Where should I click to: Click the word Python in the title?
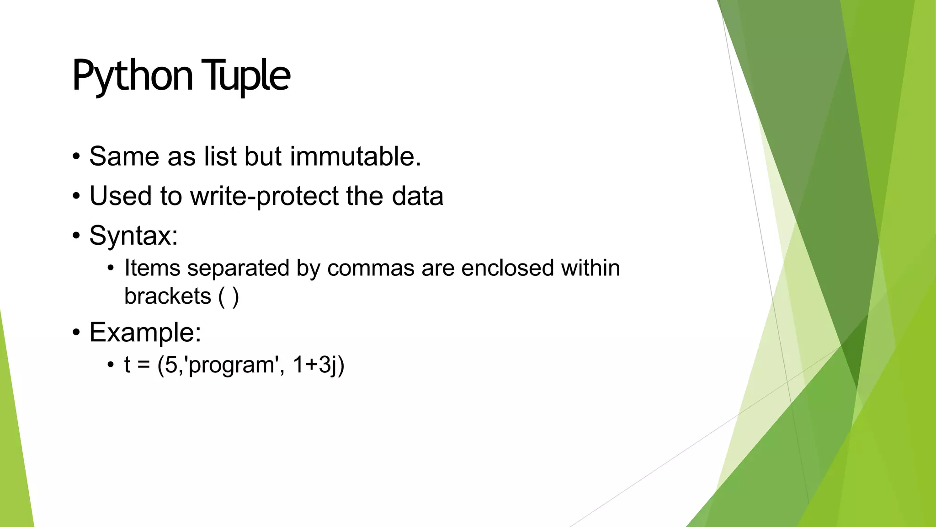[x=132, y=75]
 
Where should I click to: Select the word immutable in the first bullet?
[x=355, y=156]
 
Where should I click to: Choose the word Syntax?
[x=133, y=236]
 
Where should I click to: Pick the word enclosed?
[x=507, y=268]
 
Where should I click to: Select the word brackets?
[x=167, y=296]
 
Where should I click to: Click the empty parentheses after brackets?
[x=229, y=296]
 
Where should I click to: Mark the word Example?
[x=145, y=332]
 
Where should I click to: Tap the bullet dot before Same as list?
[x=76, y=157]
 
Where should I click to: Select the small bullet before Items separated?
[x=111, y=269]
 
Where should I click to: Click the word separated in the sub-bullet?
[x=238, y=268]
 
